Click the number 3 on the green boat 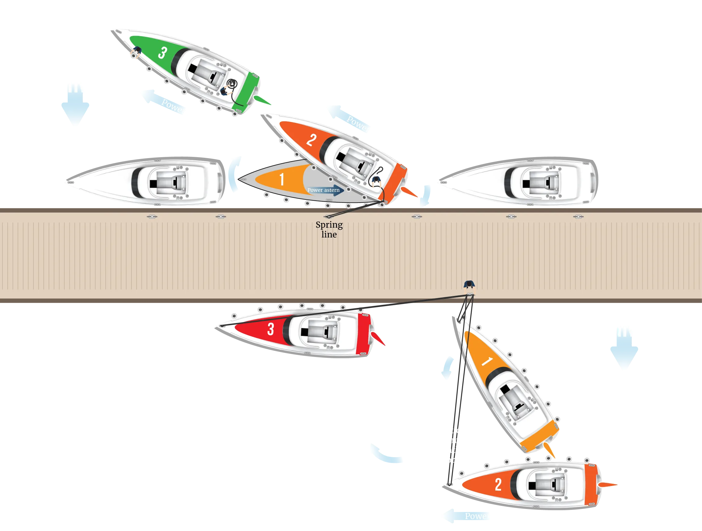click(x=163, y=53)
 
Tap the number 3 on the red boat click(x=270, y=329)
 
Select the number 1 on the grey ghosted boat click(x=281, y=179)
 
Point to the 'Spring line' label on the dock click(x=329, y=229)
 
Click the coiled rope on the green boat click(x=232, y=84)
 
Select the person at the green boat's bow click(x=137, y=51)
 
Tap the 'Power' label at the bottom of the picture click(x=477, y=516)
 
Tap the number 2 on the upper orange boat click(x=311, y=140)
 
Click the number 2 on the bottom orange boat click(x=498, y=485)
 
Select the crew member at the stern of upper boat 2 click(x=376, y=182)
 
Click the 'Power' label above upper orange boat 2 click(x=358, y=124)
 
